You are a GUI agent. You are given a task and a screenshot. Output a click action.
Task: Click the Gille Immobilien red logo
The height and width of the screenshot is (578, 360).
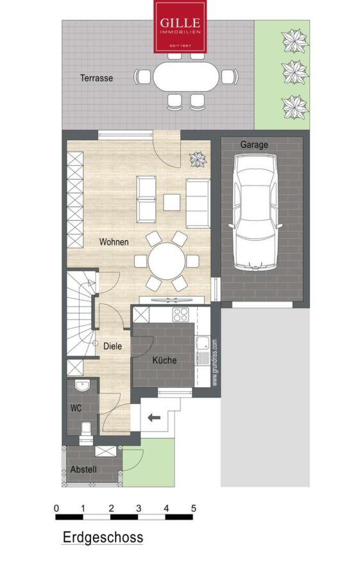point(180,26)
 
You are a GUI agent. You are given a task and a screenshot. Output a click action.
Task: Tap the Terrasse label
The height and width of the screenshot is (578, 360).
point(96,78)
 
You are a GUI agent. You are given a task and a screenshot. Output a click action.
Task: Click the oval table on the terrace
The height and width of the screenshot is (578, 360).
point(185,76)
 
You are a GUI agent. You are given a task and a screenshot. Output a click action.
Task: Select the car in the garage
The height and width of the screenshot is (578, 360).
point(255,211)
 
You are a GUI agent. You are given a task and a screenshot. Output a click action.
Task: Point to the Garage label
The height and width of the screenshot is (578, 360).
point(254,144)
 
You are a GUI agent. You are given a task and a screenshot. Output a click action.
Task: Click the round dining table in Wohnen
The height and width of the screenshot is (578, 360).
point(167,261)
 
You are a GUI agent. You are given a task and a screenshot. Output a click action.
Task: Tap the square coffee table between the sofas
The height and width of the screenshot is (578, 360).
point(172,202)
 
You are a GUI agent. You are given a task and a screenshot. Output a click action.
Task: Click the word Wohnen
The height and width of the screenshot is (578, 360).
point(114,242)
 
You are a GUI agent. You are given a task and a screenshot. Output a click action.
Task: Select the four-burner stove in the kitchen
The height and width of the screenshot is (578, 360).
point(180,315)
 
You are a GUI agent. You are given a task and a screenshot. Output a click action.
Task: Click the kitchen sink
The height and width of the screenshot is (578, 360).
point(203,343)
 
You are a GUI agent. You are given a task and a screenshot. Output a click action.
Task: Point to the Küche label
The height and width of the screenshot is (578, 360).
point(164,360)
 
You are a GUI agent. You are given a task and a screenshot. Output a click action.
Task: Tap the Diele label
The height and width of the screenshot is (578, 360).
point(112,346)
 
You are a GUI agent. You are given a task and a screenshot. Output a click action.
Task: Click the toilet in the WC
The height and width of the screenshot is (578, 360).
point(86,430)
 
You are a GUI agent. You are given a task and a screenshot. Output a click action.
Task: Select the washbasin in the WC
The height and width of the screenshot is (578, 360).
point(82,386)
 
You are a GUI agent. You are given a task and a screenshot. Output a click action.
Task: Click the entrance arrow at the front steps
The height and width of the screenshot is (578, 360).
point(154,417)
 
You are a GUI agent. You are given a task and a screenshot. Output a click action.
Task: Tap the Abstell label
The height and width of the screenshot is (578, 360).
point(83,469)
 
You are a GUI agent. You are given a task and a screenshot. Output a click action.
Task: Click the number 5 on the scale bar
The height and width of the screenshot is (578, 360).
point(193,509)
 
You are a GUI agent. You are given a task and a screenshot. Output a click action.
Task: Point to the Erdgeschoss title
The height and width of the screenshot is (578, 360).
point(103,537)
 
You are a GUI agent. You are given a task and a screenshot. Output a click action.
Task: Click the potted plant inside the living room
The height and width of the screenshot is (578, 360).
point(198,160)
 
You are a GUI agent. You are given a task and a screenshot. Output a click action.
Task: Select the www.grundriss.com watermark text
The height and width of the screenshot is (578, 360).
point(215,363)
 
